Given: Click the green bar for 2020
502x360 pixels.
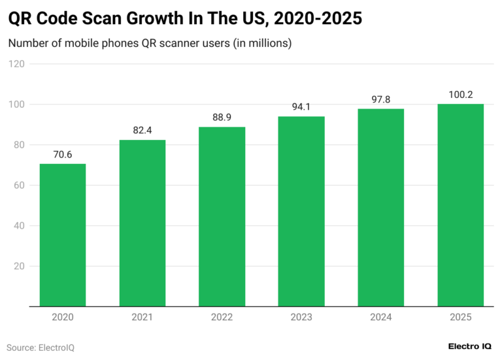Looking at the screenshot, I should point(63,235).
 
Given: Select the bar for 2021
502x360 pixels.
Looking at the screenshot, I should point(142,223).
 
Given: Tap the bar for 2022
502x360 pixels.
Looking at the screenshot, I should point(222,217).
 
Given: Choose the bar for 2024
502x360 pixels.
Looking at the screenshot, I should point(381,208).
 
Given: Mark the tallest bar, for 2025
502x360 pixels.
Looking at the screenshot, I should point(461,205).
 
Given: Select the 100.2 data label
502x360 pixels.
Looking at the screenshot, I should point(461,95).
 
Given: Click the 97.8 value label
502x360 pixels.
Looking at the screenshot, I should point(381,100).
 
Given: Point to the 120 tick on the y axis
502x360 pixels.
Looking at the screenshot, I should point(17,64).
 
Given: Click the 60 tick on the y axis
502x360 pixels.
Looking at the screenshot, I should point(20,186).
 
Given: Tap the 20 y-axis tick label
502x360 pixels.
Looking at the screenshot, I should point(20,267).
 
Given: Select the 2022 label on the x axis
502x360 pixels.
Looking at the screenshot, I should point(222,318).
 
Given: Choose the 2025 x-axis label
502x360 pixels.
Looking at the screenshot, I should point(461,318).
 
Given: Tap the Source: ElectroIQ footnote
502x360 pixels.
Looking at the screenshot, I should point(41,348).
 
